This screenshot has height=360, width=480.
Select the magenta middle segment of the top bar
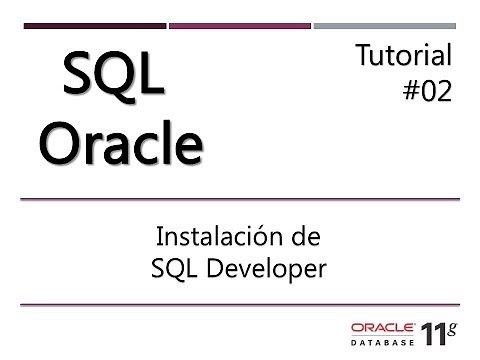pos(240,25)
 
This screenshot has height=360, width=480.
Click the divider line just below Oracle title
pos(240,199)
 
